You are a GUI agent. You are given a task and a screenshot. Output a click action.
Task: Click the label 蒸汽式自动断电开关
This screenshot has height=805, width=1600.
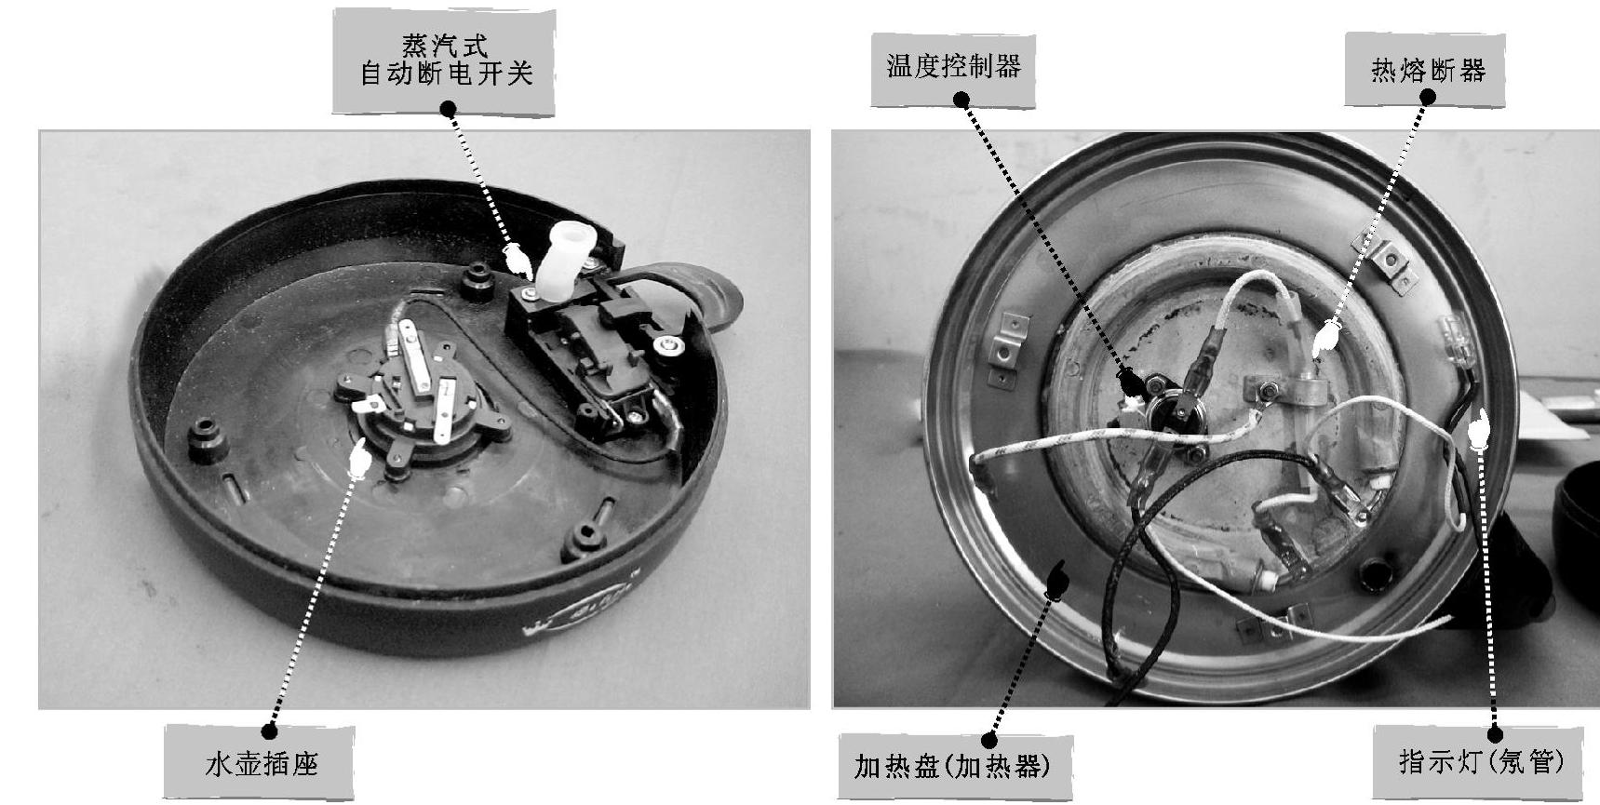pos(444,61)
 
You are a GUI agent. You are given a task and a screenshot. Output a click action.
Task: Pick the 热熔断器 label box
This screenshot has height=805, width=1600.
pos(1427,70)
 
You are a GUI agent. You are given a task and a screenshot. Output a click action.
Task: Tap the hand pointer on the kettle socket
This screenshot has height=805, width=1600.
pos(357,459)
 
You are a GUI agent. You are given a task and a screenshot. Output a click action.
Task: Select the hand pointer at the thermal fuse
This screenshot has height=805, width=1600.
pos(1324,338)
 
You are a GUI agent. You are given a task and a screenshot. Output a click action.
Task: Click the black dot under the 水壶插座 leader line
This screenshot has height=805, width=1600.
pos(270,730)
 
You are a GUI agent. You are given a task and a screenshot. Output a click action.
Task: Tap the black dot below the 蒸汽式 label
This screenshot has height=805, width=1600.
pos(449,110)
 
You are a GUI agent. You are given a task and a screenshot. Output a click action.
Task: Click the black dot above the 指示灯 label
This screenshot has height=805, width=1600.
pos(1495,732)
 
